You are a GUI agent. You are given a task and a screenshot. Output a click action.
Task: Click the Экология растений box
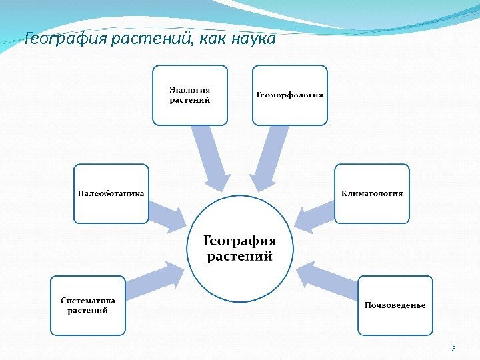point(190,95)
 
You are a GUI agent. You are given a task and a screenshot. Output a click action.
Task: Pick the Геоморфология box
point(290,95)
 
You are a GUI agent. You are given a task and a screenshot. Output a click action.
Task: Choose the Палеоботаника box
point(111,193)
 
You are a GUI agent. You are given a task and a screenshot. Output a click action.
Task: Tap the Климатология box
point(372,193)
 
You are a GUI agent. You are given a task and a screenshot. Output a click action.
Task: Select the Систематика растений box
point(88,305)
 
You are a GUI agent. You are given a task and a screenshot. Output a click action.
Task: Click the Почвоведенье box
point(395,305)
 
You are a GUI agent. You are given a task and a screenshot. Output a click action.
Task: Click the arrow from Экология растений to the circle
point(210,157)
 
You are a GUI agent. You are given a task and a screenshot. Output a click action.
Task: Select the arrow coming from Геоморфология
point(270,157)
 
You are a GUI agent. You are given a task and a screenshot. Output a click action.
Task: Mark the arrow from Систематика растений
point(155,279)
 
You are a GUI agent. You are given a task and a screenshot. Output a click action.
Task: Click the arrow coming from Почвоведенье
point(327,279)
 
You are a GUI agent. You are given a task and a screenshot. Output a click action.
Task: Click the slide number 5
point(453,349)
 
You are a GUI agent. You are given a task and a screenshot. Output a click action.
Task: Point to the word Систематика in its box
point(88,300)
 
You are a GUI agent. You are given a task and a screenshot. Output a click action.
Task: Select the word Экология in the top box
point(190,90)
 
